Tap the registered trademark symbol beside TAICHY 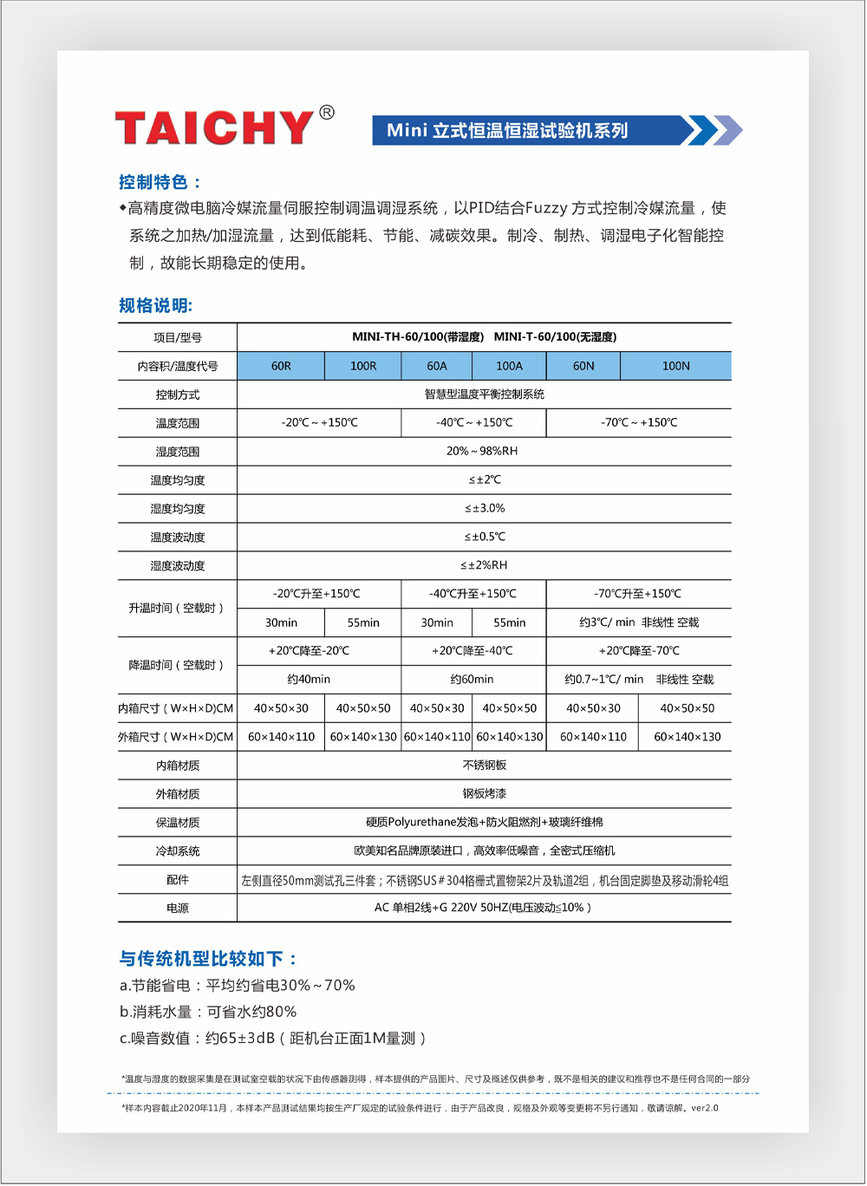point(327,113)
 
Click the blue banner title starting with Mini point(507,131)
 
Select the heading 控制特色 point(160,182)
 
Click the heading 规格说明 point(155,305)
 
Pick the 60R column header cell point(281,366)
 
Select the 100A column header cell point(509,366)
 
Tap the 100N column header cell point(675,366)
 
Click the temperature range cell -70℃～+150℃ point(639,423)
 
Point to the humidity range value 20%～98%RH point(482,451)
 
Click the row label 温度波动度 point(178,538)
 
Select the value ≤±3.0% point(484,508)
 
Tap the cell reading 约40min point(309,680)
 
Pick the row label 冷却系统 point(178,851)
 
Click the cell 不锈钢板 point(484,766)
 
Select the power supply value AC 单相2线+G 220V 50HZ point(482,908)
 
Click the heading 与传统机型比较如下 point(208,958)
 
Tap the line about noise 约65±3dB point(273,1038)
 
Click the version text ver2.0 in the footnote point(704,1108)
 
